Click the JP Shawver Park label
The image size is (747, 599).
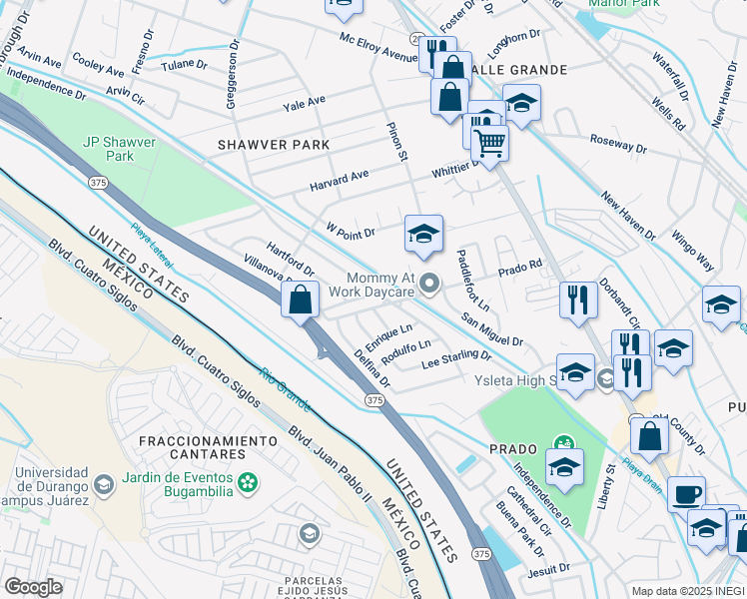(x=120, y=150)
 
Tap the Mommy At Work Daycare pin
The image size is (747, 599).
(x=430, y=286)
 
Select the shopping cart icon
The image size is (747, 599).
(x=489, y=143)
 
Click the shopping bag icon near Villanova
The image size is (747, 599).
(x=301, y=299)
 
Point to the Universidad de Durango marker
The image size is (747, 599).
(x=103, y=485)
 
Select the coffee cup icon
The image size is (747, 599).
(x=686, y=494)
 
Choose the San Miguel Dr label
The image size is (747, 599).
(x=491, y=330)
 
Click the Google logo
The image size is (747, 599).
(x=33, y=587)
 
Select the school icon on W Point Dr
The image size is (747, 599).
(x=423, y=236)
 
